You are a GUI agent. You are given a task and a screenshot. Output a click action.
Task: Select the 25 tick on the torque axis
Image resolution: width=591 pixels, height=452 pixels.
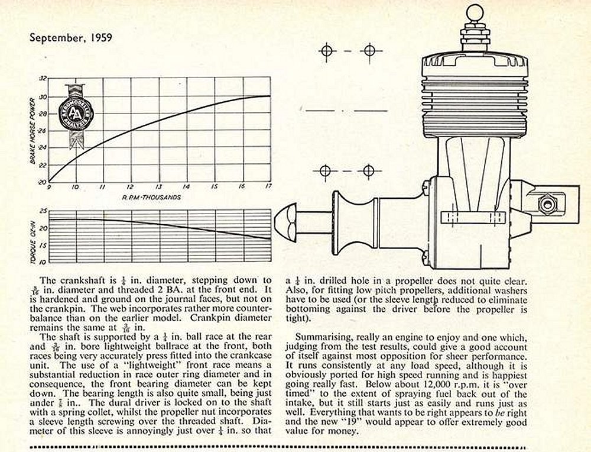pos(43,211)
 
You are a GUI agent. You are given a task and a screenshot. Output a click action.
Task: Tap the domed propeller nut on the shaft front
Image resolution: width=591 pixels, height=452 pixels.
pos(288,215)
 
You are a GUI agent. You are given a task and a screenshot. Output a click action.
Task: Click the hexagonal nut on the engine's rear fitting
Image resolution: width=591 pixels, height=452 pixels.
pos(547,205)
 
